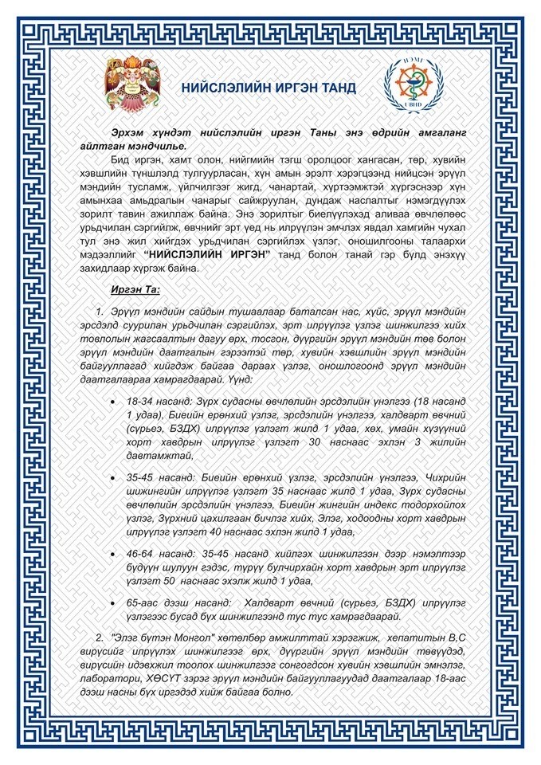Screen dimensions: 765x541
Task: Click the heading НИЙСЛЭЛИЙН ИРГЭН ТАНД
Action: [x=268, y=88]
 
